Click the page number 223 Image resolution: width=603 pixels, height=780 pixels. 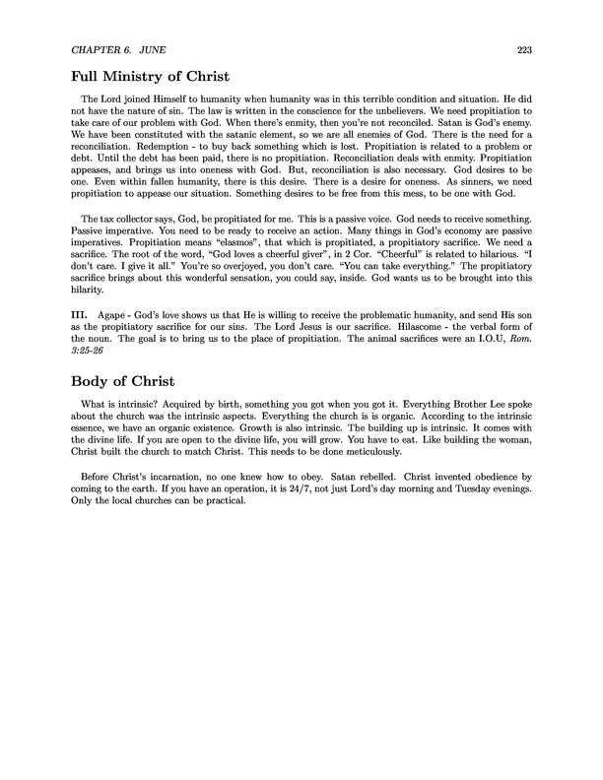(524, 50)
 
